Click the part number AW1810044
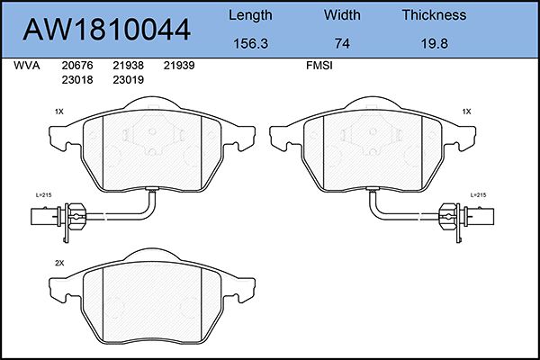[106, 30]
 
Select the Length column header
[250, 15]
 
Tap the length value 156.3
[250, 44]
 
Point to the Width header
[342, 14]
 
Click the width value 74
[342, 44]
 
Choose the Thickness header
[435, 14]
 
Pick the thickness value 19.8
[435, 44]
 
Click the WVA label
[27, 66]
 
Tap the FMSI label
[319, 66]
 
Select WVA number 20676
[77, 66]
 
